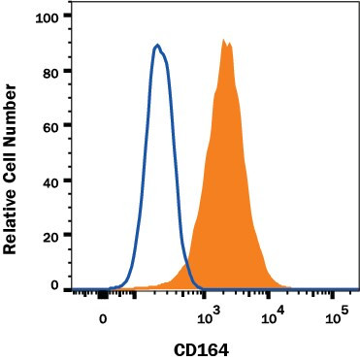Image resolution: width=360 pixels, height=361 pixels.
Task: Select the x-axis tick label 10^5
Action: click(337, 316)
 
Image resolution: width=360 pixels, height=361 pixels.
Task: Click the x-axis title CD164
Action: click(204, 348)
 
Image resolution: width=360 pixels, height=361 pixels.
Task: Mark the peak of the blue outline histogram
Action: click(157, 45)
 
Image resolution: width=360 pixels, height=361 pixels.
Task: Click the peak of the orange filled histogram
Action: click(224, 41)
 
